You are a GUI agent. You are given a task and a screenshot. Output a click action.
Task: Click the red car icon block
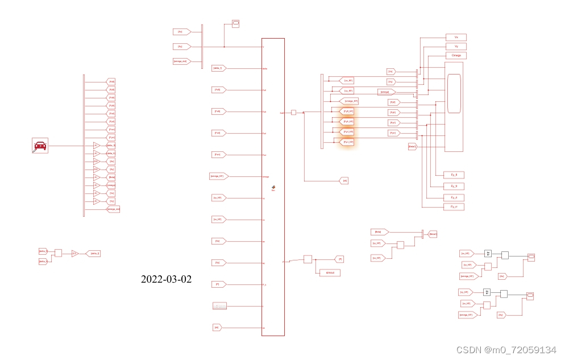40,146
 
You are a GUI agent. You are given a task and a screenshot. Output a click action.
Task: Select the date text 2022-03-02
166,279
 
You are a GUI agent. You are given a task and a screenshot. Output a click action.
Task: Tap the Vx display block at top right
456,37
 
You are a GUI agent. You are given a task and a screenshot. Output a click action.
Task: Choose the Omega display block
456,56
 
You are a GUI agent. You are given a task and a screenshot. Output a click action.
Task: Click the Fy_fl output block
454,175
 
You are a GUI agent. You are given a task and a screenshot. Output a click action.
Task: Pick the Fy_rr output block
454,207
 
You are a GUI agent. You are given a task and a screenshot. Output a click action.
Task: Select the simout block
330,273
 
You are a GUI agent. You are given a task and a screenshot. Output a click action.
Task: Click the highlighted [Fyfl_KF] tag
347,111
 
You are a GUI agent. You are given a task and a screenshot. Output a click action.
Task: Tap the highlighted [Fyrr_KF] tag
347,142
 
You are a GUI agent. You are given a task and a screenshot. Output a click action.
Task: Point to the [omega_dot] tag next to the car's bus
113,209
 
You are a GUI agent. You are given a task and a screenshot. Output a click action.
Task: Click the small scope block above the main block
235,23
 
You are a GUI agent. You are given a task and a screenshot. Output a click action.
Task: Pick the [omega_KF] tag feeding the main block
219,176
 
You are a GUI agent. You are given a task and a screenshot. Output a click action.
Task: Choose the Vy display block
456,46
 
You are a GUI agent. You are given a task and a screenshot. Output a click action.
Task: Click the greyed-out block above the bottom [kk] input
219,306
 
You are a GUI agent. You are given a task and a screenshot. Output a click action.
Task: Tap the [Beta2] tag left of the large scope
413,147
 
